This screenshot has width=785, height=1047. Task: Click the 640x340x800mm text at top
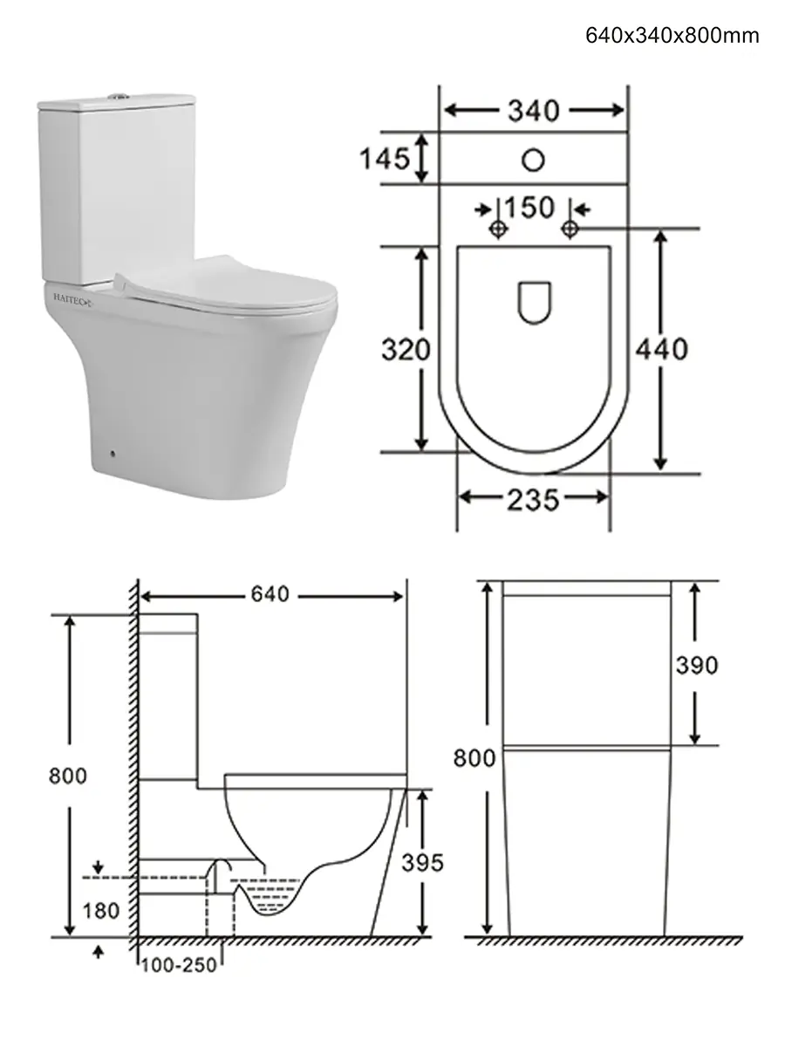672,36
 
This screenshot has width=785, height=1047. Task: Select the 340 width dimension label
533,111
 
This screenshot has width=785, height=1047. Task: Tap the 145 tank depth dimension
384,159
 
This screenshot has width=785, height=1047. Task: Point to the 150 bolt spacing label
529,208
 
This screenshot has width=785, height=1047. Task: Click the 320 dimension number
406,349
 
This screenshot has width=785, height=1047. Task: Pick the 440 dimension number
661,349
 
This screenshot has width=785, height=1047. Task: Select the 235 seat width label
532,500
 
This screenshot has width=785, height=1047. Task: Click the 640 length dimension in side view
270,594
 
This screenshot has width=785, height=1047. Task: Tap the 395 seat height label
422,862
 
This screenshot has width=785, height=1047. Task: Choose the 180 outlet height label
100,911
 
